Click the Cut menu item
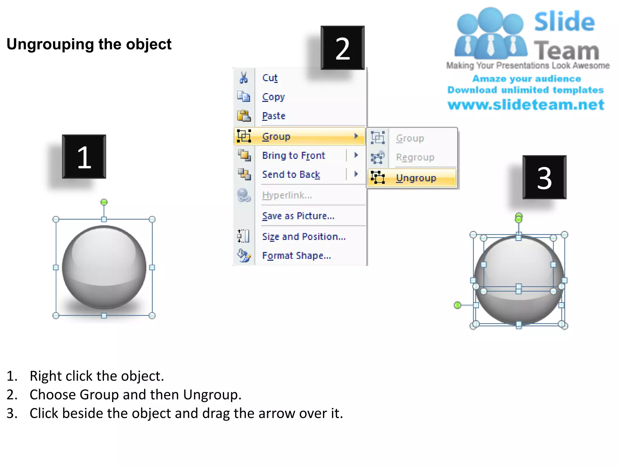tap(270, 78)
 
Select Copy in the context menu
tap(273, 97)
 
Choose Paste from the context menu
tap(274, 116)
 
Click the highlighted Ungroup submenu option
tap(416, 178)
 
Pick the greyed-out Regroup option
tap(415, 157)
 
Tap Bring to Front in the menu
tap(293, 156)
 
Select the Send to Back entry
tap(291, 174)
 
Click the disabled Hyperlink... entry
tap(287, 195)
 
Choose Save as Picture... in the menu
tap(298, 216)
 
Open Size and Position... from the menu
tap(304, 237)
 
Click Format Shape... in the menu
tap(296, 256)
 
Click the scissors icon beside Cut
tap(243, 78)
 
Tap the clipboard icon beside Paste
tap(243, 116)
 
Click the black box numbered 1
tap(84, 157)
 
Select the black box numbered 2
tap(343, 48)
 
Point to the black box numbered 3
tap(544, 177)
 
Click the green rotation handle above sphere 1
tap(104, 202)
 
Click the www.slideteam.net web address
tap(526, 105)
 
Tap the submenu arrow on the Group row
tap(356, 136)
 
